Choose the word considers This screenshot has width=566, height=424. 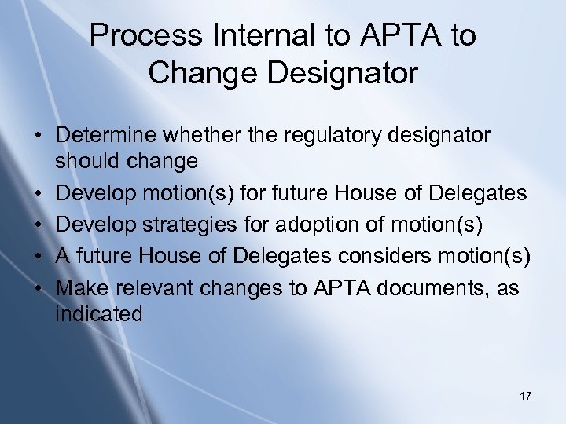coord(391,256)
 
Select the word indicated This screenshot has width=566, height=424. coord(99,314)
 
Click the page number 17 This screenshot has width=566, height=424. coord(525,396)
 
